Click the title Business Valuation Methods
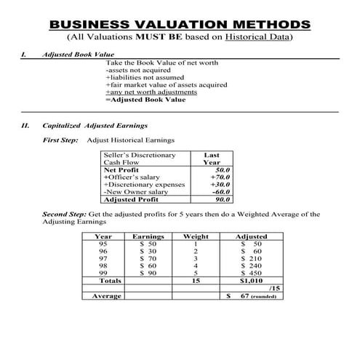[x=180, y=24]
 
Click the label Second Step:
[x=64, y=214]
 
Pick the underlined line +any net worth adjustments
[x=151, y=92]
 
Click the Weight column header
[x=195, y=236]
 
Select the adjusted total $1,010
[x=250, y=280]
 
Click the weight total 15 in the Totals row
[x=195, y=280]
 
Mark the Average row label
[x=107, y=296]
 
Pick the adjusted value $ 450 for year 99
[x=251, y=273]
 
